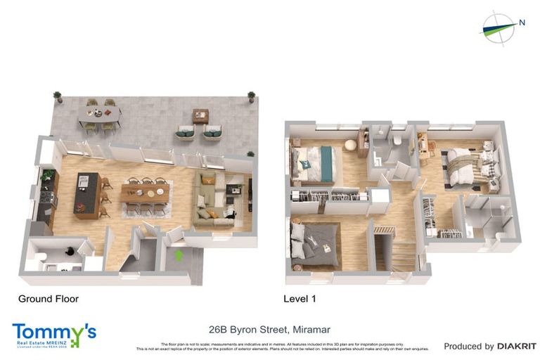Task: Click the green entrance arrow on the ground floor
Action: [179, 255]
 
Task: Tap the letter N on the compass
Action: [522, 22]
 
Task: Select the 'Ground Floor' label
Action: [49, 299]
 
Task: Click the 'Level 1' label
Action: [300, 299]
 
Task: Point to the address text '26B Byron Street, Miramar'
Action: [269, 329]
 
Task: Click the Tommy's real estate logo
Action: [53, 335]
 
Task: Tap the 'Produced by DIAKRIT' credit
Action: [489, 346]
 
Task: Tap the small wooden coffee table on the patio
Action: [201, 116]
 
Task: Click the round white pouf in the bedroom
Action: [349, 145]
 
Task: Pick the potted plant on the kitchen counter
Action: [49, 175]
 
